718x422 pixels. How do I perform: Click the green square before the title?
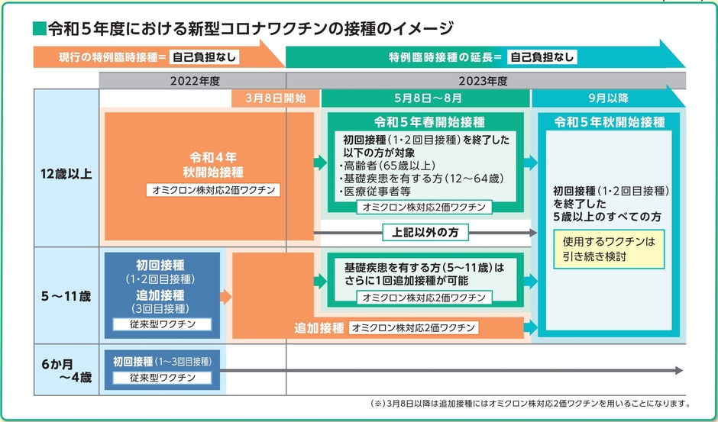39,30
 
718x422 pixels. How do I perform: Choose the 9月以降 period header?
609,98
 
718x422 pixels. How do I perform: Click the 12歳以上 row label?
66,174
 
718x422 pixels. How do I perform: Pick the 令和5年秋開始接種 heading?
610,122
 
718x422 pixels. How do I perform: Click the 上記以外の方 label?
425,231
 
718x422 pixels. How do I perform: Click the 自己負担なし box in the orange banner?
204,57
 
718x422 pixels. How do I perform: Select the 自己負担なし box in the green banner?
542,57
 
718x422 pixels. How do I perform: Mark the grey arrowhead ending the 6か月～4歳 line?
678,370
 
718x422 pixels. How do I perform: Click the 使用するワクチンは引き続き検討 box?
609,249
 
